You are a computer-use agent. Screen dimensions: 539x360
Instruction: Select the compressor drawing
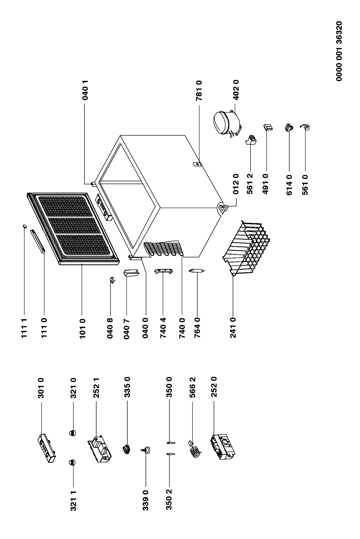(x=226, y=123)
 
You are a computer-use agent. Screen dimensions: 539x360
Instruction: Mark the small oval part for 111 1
(x=25, y=226)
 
